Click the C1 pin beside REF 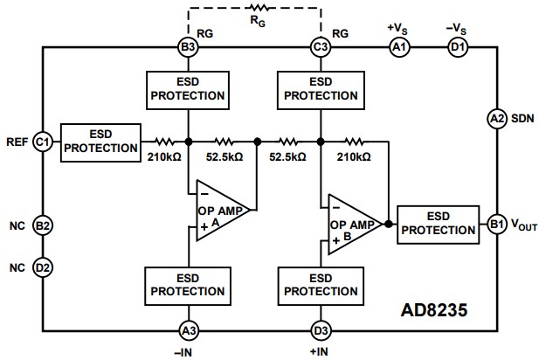click(x=42, y=141)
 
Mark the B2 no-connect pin click(x=42, y=225)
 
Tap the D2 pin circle click(x=42, y=266)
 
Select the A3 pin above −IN click(x=187, y=329)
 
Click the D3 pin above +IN click(x=320, y=329)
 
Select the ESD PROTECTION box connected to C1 click(x=100, y=141)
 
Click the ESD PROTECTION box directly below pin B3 click(x=187, y=87)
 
